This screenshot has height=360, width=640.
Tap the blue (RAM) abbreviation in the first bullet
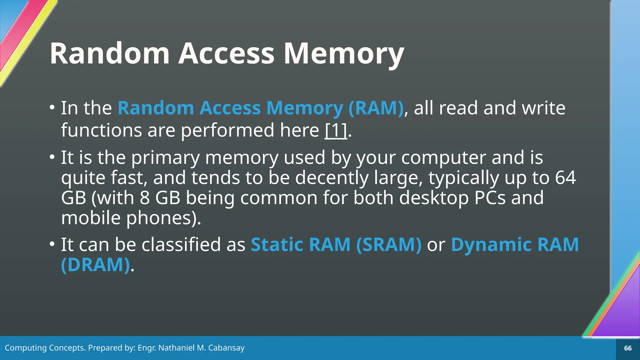click(376, 108)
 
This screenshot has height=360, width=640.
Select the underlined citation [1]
click(336, 130)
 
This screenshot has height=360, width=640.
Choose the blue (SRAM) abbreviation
click(389, 244)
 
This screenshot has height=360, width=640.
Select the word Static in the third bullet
click(276, 244)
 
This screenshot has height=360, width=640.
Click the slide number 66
click(628, 348)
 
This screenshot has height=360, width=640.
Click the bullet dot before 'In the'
click(52, 107)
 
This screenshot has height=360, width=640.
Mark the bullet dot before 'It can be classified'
click(52, 244)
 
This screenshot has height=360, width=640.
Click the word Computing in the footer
click(25, 348)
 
